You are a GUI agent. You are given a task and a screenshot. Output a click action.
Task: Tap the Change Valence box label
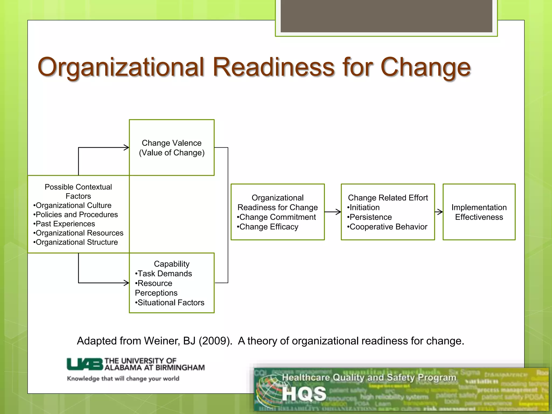pyautogui.click(x=172, y=148)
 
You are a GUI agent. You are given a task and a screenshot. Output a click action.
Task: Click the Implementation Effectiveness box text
pyautogui.click(x=479, y=212)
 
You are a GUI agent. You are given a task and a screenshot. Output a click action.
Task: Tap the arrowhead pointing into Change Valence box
pyautogui.click(x=126, y=147)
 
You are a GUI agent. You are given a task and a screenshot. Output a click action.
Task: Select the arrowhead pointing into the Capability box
pyautogui.click(x=126, y=283)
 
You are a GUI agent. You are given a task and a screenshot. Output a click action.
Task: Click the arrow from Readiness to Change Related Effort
pyautogui.click(x=333, y=212)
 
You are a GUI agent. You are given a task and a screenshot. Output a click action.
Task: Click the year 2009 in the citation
pyautogui.click(x=215, y=341)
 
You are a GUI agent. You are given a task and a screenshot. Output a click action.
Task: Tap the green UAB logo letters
pyautogui.click(x=85, y=364)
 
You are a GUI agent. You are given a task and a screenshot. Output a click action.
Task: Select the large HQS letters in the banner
pyautogui.click(x=304, y=394)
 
